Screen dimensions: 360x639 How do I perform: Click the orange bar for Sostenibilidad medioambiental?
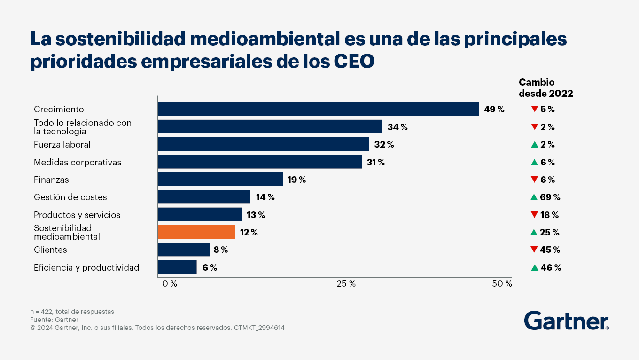pyautogui.click(x=196, y=232)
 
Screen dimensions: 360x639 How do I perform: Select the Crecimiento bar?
pyautogui.click(x=318, y=109)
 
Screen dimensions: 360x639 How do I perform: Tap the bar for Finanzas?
pyautogui.click(x=220, y=180)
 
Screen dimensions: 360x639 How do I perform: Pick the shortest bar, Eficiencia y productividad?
pyautogui.click(x=177, y=267)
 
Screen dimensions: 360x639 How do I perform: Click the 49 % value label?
pyautogui.click(x=494, y=109)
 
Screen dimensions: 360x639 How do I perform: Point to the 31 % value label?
pyautogui.click(x=375, y=162)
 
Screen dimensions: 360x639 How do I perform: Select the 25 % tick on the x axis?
pyautogui.click(x=346, y=284)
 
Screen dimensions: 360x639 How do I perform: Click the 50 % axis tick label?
pyautogui.click(x=501, y=284)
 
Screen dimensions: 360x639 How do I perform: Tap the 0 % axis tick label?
pyautogui.click(x=170, y=284)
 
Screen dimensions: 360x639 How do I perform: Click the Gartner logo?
pyautogui.click(x=566, y=321)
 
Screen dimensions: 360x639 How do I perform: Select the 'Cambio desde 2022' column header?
pyautogui.click(x=545, y=88)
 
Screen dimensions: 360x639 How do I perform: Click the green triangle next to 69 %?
pyautogui.click(x=534, y=197)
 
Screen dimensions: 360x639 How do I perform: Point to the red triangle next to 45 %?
pyautogui.click(x=534, y=250)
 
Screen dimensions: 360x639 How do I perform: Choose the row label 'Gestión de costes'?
pyautogui.click(x=70, y=197)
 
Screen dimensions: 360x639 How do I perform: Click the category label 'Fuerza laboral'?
pyautogui.click(x=62, y=144)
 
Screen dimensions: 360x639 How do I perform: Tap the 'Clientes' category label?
pyautogui.click(x=50, y=250)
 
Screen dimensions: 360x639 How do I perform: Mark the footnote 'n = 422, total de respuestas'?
pyautogui.click(x=72, y=312)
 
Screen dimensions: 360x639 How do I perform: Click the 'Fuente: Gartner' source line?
pyautogui.click(x=54, y=320)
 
